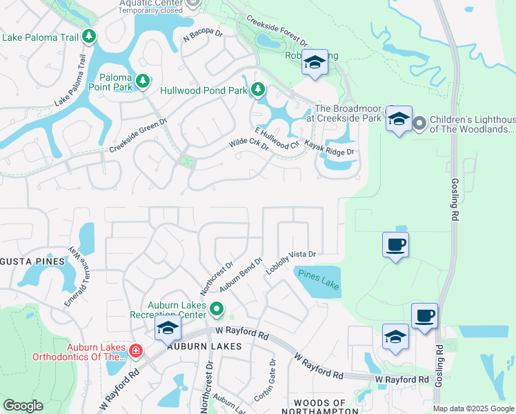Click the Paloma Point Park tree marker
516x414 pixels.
pyautogui.click(x=143, y=81)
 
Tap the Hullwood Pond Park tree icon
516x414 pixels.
pyautogui.click(x=258, y=89)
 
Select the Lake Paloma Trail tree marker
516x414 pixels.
pyautogui.click(x=88, y=36)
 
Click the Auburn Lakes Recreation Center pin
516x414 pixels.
pyautogui.click(x=217, y=309)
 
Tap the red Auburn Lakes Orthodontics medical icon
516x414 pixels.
pyautogui.click(x=135, y=351)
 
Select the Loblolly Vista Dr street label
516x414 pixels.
pyautogui.click(x=291, y=262)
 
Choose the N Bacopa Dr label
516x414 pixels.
pyautogui.click(x=204, y=37)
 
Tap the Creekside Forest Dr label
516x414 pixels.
pyautogui.click(x=275, y=32)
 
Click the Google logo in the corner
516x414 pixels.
pyautogui.click(x=23, y=405)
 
